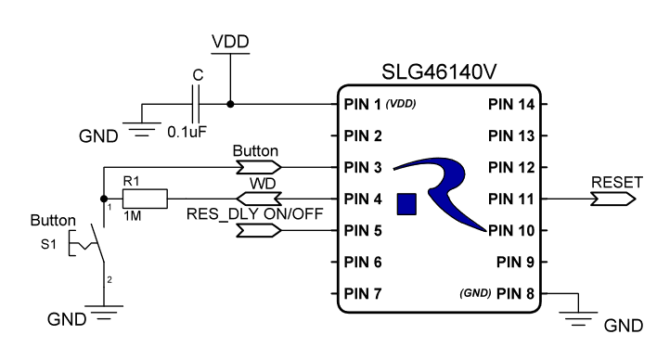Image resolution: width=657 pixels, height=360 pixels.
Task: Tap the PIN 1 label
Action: pyautogui.click(x=363, y=104)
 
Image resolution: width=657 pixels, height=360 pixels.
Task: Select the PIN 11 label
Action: pyautogui.click(x=511, y=199)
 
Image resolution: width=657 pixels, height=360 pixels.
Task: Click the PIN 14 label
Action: pyautogui.click(x=511, y=104)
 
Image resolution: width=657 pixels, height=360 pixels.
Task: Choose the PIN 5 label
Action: pyautogui.click(x=363, y=230)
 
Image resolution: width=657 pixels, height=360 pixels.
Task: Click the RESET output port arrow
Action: pyautogui.click(x=616, y=199)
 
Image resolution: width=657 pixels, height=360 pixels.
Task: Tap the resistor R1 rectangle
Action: pyautogui.click(x=146, y=199)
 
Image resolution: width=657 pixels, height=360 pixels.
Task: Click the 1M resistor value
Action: pyautogui.click(x=132, y=215)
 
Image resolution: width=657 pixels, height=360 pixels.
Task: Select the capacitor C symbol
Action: pyautogui.click(x=196, y=104)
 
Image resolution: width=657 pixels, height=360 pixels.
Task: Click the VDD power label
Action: pyautogui.click(x=230, y=43)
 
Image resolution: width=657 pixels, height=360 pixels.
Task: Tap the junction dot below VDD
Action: pyautogui.click(x=230, y=104)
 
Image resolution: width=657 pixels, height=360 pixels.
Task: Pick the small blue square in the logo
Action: pyautogui.click(x=406, y=204)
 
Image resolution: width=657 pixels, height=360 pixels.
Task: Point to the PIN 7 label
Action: pyautogui.click(x=363, y=293)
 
